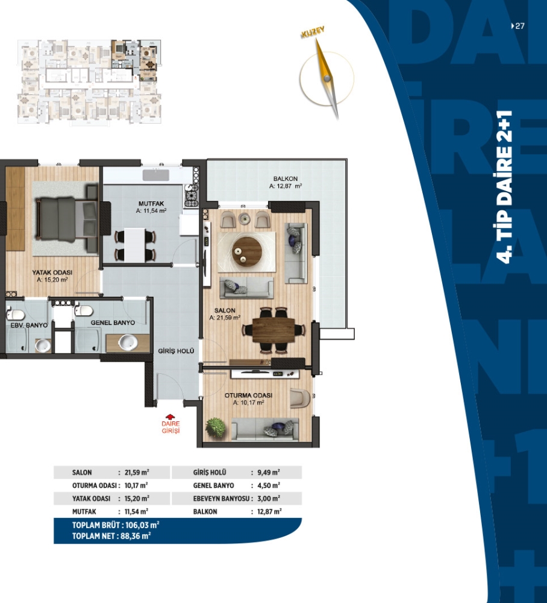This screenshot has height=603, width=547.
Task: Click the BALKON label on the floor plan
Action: pyautogui.click(x=286, y=178)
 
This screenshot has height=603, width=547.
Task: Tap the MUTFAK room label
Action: pyautogui.click(x=151, y=203)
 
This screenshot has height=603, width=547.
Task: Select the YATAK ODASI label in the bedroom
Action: pyautogui.click(x=52, y=273)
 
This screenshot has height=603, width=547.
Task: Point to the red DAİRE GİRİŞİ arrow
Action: pyautogui.click(x=170, y=417)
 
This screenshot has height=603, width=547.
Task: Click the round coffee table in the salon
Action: pyautogui.click(x=247, y=251)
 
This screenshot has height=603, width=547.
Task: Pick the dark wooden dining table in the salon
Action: pyautogui.click(x=274, y=330)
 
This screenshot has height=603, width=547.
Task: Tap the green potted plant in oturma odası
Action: pyautogui.click(x=216, y=428)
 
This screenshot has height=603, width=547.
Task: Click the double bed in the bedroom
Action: pyautogui.click(x=67, y=219)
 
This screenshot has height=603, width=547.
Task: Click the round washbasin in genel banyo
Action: pyautogui.click(x=128, y=342)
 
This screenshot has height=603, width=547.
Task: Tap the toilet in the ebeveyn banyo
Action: pyautogui.click(x=16, y=314)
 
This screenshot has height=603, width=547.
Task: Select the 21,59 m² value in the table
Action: pyautogui.click(x=137, y=472)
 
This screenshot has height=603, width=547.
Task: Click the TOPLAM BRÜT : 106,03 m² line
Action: pyautogui.click(x=116, y=525)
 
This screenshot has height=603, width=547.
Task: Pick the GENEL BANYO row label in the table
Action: pyautogui.click(x=214, y=485)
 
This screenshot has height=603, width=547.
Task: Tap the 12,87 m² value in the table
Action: pyautogui.click(x=269, y=511)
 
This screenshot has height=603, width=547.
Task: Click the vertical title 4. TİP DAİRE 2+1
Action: pyautogui.click(x=504, y=188)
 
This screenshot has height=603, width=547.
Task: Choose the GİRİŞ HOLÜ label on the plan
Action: pyautogui.click(x=176, y=351)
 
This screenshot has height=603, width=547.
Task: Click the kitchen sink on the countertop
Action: pyautogui.click(x=156, y=175)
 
